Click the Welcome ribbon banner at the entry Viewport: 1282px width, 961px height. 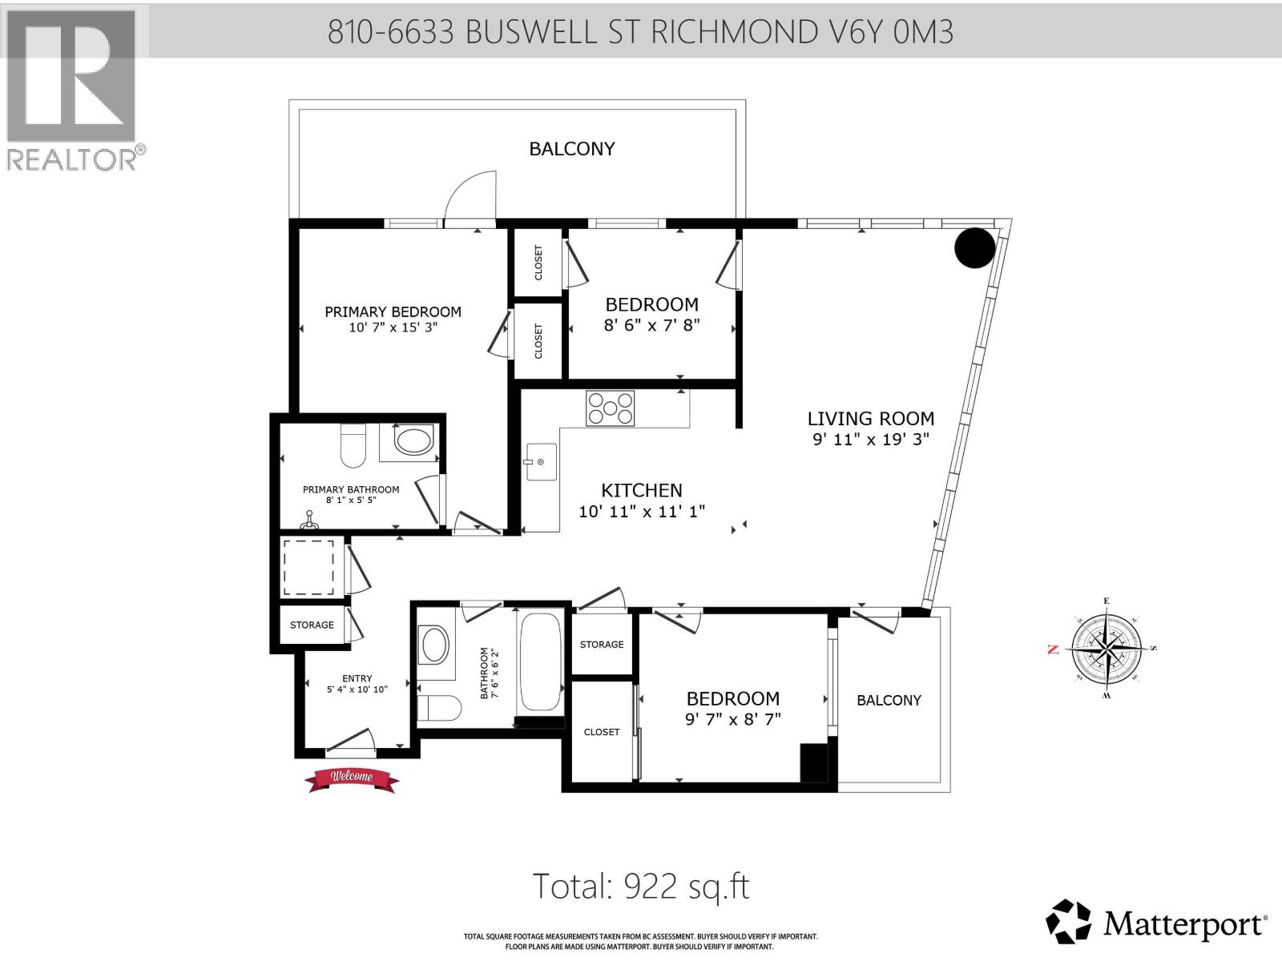click(353, 778)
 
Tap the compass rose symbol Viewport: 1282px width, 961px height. click(1106, 649)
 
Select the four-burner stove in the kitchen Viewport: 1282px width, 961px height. click(611, 408)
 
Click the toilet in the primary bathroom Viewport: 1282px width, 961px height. click(353, 446)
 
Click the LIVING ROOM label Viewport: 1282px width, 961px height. click(870, 419)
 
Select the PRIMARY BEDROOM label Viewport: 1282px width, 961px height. click(393, 312)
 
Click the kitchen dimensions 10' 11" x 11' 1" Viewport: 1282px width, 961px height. click(642, 511)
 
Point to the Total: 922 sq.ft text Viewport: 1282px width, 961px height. click(641, 887)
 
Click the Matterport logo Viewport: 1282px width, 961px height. click(1155, 925)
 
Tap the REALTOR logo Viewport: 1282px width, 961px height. click(74, 88)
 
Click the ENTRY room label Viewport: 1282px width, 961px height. click(357, 678)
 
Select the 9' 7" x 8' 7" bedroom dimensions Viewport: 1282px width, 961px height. click(732, 719)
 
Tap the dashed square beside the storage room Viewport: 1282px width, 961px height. click(308, 567)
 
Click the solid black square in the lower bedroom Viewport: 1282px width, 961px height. click(813, 763)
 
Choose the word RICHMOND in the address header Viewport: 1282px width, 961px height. click(732, 32)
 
